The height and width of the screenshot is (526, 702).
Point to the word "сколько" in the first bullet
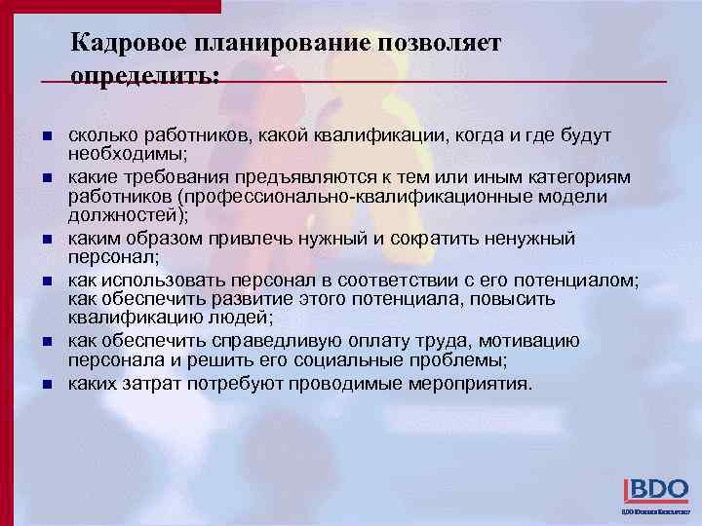point(100,136)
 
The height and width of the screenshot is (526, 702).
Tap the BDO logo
point(656,491)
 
